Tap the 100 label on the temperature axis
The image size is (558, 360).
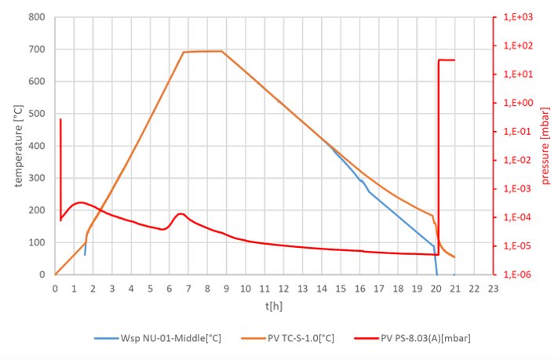click(37, 242)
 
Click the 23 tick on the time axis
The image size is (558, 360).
click(493, 289)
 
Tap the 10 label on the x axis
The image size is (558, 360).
click(246, 289)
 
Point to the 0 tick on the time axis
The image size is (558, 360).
click(55, 289)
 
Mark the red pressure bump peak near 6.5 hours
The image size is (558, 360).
click(181, 213)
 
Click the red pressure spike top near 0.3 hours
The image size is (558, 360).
click(60, 119)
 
